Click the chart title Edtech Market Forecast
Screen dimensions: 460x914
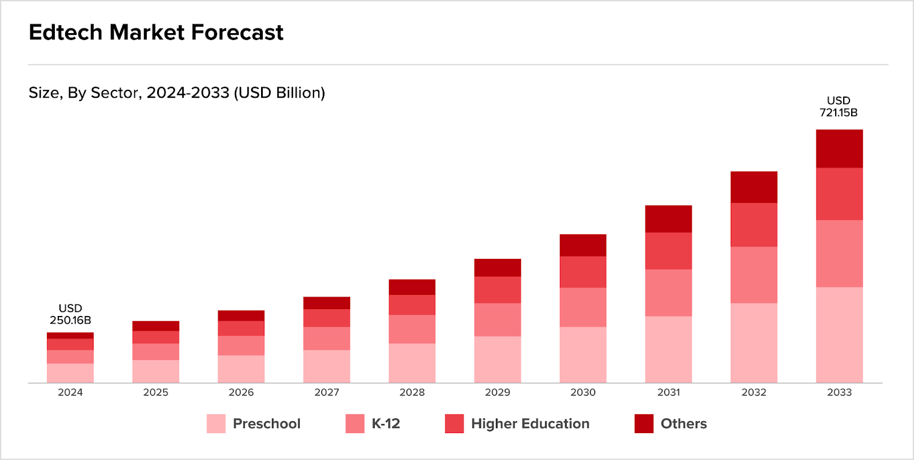pos(156,33)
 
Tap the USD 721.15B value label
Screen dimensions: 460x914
pos(839,107)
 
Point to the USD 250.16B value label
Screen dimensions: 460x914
pos(70,314)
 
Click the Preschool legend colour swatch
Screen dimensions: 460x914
pos(216,423)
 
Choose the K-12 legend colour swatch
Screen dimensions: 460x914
pos(355,423)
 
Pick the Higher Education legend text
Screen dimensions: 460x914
pos(530,423)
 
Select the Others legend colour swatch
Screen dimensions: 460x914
pos(644,423)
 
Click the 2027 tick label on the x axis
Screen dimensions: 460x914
pos(327,392)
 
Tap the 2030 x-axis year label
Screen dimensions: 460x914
pos(583,392)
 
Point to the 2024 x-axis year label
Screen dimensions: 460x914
pos(70,392)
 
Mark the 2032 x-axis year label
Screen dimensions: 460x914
pos(753,392)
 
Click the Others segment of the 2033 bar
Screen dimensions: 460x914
pos(839,149)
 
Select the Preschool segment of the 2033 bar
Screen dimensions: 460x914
pos(839,334)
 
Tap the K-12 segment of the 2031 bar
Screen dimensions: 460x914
pos(668,293)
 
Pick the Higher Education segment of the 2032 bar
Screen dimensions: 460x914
pos(753,225)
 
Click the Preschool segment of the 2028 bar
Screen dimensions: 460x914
pos(412,363)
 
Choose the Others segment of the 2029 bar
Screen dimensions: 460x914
pos(497,267)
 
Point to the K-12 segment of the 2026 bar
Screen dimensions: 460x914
pos(241,346)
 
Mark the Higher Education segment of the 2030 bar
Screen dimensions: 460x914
pos(583,272)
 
